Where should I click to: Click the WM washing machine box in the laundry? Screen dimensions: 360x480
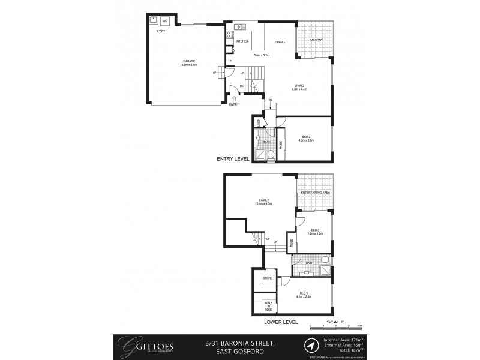pyautogui.click(x=165, y=21)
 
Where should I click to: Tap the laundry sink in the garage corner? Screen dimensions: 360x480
pyautogui.click(x=153, y=19)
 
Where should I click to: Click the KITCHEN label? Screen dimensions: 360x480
pyautogui.click(x=242, y=41)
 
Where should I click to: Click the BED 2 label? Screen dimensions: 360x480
pyautogui.click(x=306, y=137)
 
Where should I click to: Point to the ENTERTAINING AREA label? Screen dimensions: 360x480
pyautogui.click(x=320, y=192)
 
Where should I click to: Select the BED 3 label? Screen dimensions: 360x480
pyautogui.click(x=315, y=230)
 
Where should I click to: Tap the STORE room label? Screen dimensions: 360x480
pyautogui.click(x=268, y=278)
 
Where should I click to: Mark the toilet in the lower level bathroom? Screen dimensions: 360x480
pyautogui.click(x=325, y=260)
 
